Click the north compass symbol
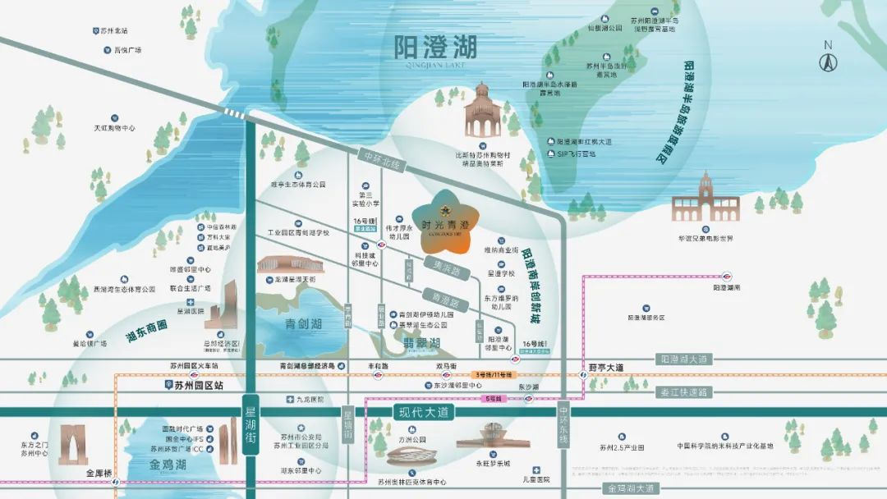828,60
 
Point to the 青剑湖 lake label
301,323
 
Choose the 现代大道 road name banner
427,413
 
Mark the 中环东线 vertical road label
563,425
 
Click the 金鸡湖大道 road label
630,488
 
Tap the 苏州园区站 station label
193,384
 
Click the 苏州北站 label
113,31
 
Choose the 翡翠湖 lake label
423,342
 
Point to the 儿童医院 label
536,478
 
